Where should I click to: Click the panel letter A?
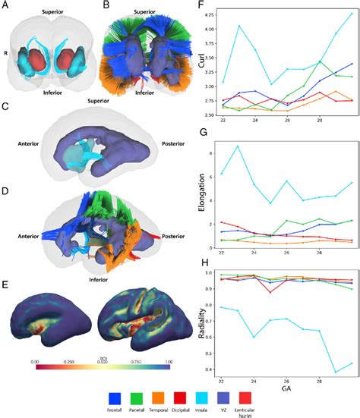6,7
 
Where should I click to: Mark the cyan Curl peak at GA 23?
240,26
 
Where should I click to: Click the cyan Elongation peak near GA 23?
240,146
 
